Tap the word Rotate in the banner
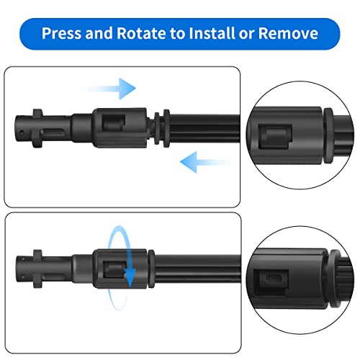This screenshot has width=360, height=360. pyautogui.click(x=141, y=33)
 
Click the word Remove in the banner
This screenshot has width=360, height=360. pyautogui.click(x=288, y=33)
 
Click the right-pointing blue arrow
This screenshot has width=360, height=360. pyautogui.click(x=109, y=89)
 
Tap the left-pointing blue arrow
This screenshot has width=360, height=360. pyautogui.click(x=206, y=162)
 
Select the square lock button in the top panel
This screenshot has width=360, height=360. pyautogui.click(x=114, y=122)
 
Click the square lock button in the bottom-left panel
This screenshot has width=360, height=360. pyautogui.click(x=114, y=270)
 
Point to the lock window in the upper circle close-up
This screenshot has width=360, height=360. pyautogui.click(x=275, y=137)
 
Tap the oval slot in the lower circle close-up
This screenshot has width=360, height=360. pyautogui.click(x=273, y=279)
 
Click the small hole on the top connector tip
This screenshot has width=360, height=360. pyautogui.click(x=22, y=132)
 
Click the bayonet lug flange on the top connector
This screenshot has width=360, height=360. pyautogui.click(x=37, y=128)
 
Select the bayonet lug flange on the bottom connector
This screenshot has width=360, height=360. pyautogui.click(x=37, y=269)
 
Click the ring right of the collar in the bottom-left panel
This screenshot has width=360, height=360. pyautogui.click(x=151, y=269)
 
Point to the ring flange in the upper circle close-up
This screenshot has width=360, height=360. pyautogui.click(x=329, y=135)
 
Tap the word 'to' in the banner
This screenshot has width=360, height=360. pyautogui.click(x=178, y=33)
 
